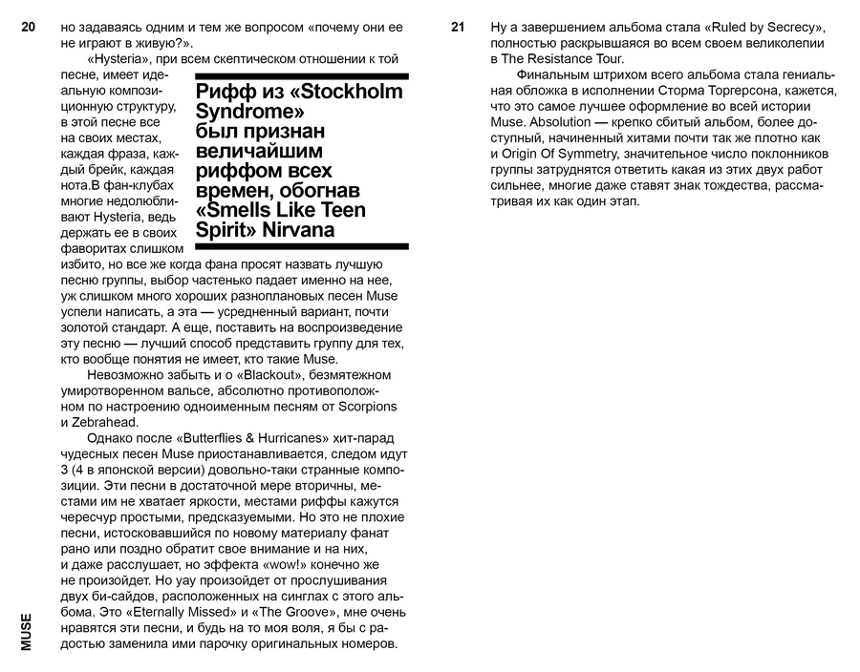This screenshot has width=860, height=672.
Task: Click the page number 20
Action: [x=28, y=29]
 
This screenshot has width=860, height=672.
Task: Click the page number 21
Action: [x=457, y=29]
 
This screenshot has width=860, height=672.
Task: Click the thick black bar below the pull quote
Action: [x=301, y=246]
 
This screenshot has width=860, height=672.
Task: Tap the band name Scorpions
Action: [x=362, y=407]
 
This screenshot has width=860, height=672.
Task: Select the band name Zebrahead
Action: [x=104, y=422]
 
